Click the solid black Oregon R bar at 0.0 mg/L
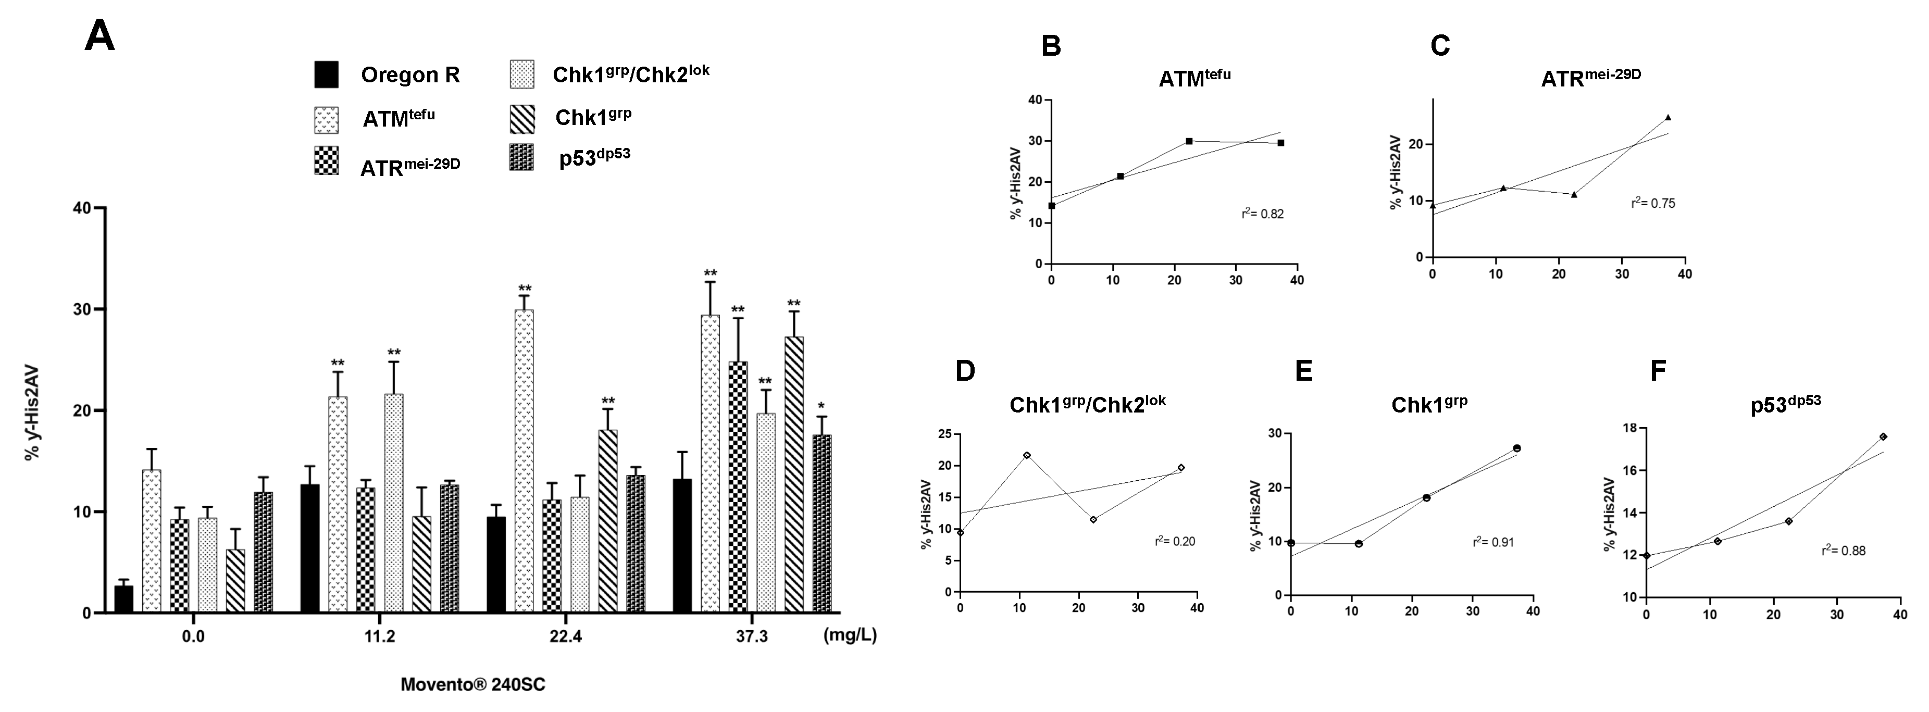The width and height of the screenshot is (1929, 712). (123, 599)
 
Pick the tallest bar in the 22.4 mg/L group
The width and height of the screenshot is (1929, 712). (524, 460)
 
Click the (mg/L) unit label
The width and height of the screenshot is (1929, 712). (850, 635)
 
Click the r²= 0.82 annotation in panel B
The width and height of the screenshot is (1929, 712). (1263, 214)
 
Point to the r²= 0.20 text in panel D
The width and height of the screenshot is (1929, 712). (1175, 541)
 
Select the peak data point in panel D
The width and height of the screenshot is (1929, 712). (1027, 455)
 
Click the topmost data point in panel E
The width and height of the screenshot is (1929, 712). (1517, 448)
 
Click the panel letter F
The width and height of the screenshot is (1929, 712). (1658, 371)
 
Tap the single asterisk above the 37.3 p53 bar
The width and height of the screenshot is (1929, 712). (821, 407)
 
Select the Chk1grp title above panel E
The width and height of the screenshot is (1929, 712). (1429, 404)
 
